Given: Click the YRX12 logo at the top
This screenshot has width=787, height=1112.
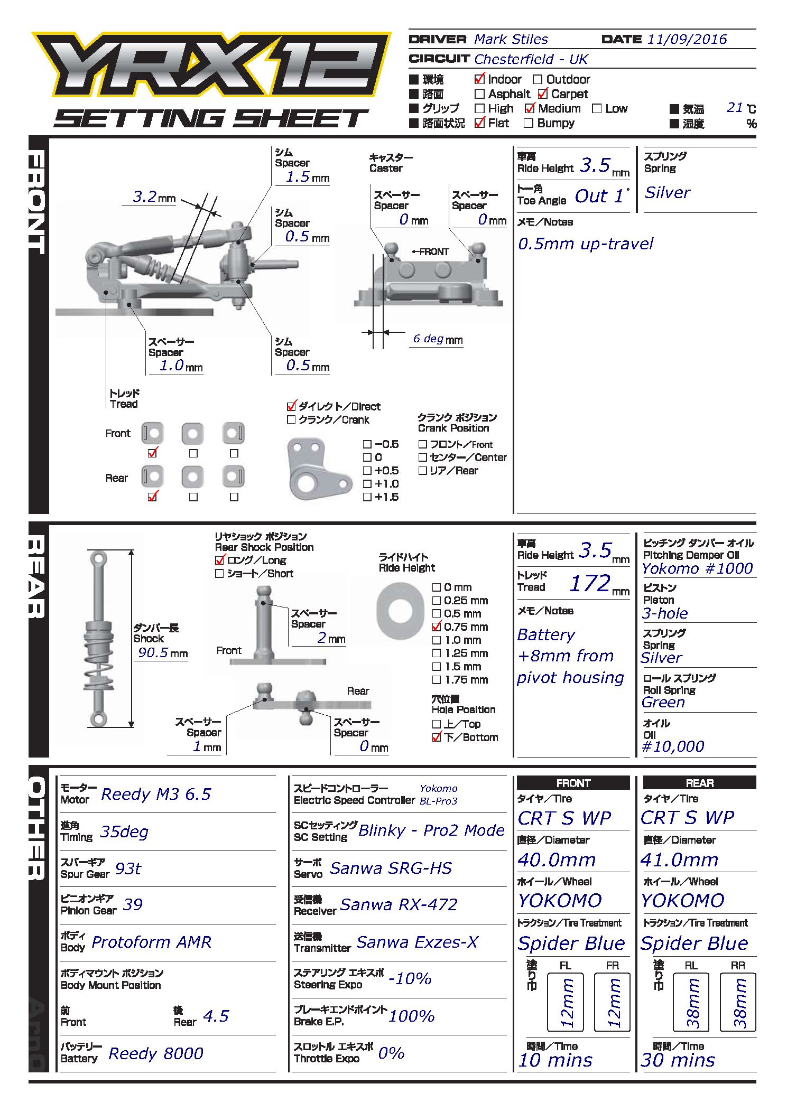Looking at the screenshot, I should [211, 64].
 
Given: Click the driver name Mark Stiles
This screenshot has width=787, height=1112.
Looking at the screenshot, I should [511, 40].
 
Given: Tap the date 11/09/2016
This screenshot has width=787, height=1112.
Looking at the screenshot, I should [687, 40].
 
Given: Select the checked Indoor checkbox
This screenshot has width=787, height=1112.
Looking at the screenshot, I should [479, 79].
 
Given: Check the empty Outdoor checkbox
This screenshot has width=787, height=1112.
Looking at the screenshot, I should [538, 80].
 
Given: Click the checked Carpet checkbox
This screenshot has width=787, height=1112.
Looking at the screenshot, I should [543, 94].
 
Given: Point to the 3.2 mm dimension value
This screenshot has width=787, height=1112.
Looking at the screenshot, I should [145, 197].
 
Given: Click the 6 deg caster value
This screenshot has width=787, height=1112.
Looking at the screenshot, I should [428, 339].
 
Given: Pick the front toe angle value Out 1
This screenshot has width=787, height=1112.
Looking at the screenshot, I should [600, 197].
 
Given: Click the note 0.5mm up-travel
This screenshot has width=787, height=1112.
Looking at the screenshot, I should [586, 244].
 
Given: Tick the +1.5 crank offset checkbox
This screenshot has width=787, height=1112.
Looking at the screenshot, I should [367, 497].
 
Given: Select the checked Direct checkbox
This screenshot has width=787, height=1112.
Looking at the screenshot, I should [291, 406].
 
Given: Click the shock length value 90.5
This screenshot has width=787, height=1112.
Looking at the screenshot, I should [153, 653].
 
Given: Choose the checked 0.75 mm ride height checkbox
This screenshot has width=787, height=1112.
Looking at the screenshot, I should [437, 627].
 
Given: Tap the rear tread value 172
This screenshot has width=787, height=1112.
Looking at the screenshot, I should [590, 584].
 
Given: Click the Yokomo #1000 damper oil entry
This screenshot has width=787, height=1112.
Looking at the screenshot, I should [697, 569].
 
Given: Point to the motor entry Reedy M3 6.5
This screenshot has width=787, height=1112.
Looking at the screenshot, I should [156, 795].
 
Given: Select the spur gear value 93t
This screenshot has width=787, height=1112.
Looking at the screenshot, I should [128, 869].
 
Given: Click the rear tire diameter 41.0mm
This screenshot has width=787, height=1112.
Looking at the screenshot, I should [679, 860].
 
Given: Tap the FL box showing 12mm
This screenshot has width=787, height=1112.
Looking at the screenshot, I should [566, 1002].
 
